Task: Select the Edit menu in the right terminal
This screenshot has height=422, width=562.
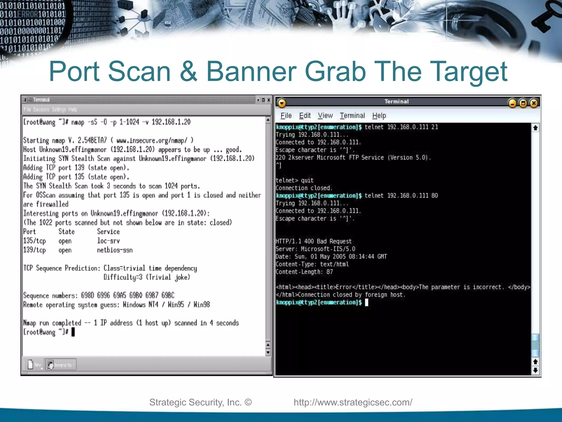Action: [305, 116]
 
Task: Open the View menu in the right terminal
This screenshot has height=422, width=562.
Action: [325, 116]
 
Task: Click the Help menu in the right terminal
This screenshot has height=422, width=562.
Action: [379, 116]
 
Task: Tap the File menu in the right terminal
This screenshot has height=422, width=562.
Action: [286, 116]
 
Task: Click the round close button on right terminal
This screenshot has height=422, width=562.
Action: [533, 103]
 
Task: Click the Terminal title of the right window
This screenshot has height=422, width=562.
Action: [397, 102]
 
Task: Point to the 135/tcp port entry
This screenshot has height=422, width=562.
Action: [34, 241]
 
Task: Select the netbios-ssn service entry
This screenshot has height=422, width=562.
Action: [115, 250]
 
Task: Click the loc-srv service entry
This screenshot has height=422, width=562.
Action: [108, 241]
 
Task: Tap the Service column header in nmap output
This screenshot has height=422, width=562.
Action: [108, 232]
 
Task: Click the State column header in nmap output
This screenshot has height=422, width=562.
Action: [66, 232]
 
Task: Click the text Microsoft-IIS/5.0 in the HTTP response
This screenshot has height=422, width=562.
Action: [328, 249]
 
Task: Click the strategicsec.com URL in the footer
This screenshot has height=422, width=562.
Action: [353, 402]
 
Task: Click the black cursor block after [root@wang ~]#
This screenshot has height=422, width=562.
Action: [73, 332]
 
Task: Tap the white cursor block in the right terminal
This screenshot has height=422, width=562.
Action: [367, 302]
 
